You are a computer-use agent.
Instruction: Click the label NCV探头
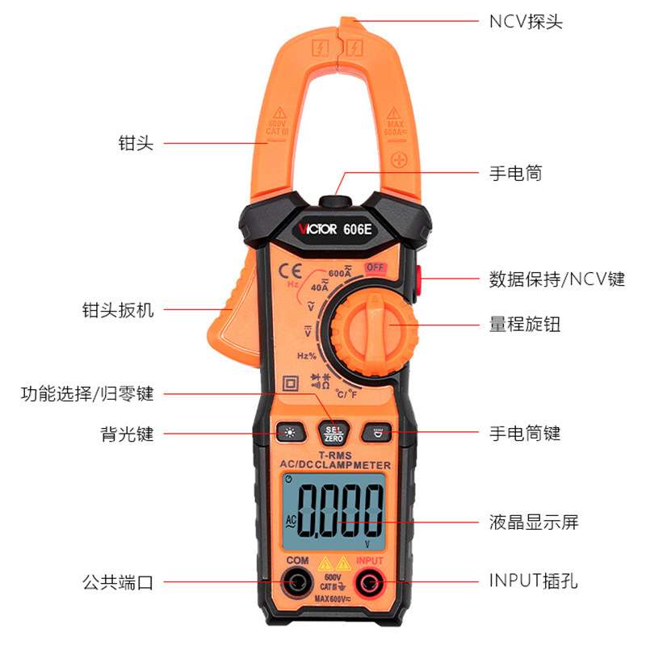coord(526,21)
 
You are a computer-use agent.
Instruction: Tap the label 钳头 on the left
coord(136,144)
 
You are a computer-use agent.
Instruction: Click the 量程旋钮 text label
coord(525,325)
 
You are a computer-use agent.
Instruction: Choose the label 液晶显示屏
coord(534,522)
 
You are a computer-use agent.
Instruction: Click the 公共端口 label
coord(118,581)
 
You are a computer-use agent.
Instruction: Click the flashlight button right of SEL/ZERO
coord(376,433)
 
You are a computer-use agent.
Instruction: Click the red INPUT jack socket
coord(369,581)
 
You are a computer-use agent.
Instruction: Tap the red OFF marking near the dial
coord(374,268)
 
